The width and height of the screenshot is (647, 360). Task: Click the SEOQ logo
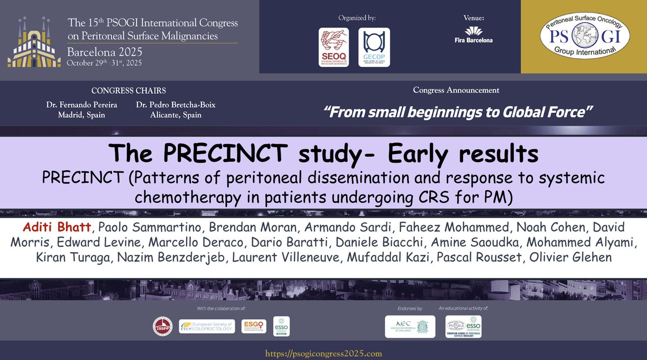point(333,47)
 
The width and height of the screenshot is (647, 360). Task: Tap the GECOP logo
point(374,47)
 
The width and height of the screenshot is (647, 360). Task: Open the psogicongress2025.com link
point(323,354)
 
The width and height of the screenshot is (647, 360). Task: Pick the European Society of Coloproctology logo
point(207,326)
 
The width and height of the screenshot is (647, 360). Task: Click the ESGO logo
point(253,326)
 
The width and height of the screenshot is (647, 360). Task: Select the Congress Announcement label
point(456,90)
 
